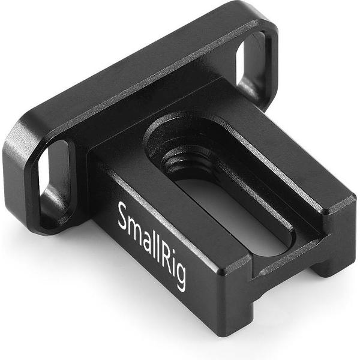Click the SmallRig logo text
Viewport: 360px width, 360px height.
(x=151, y=246)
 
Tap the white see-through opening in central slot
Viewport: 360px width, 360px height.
(x=234, y=216)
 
